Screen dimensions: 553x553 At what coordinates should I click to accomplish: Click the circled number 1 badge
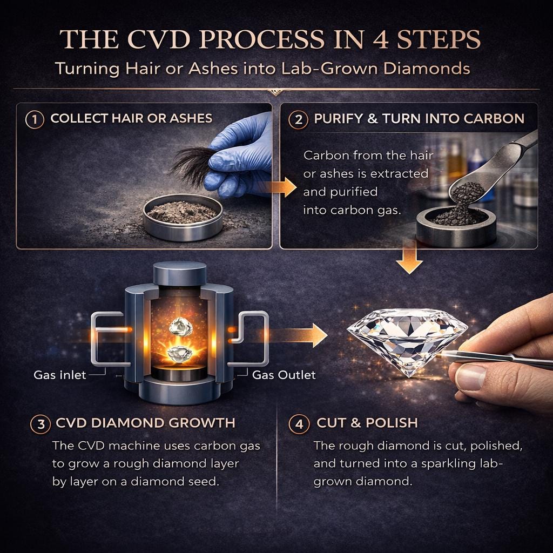pos(35,119)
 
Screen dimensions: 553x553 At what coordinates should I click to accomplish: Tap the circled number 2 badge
pos(298,119)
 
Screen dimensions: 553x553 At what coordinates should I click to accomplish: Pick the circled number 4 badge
pos(299,423)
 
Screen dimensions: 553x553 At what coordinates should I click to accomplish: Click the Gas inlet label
pos(59,375)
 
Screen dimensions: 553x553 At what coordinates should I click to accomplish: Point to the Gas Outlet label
pos(284,375)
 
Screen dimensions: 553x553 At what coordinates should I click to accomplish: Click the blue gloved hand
pos(240,155)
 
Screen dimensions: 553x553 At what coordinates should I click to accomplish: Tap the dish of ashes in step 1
pos(183,216)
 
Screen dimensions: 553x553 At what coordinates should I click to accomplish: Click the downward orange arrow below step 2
pos(409,258)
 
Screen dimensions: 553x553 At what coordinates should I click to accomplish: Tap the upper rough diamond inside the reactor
pos(180,326)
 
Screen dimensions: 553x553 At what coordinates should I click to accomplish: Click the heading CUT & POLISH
pos(367,422)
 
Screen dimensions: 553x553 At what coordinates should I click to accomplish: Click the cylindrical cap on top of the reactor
pos(180,273)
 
